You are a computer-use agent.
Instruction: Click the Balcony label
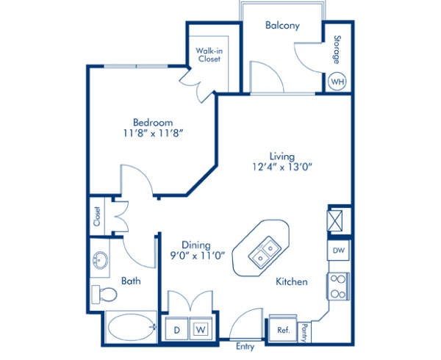pos(282,25)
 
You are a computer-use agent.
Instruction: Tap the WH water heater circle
pos(337,82)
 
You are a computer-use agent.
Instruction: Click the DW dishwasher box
pos(338,251)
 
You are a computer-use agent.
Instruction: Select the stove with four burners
pos(339,287)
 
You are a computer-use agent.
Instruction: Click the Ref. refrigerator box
pos(283,330)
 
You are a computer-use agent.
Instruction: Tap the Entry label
pos(245,346)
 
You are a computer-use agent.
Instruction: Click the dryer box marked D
pos(176,330)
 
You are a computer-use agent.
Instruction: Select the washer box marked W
pos(200,330)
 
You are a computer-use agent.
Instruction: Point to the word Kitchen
pos(291,281)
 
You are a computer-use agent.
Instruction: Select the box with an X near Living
pos(337,220)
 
